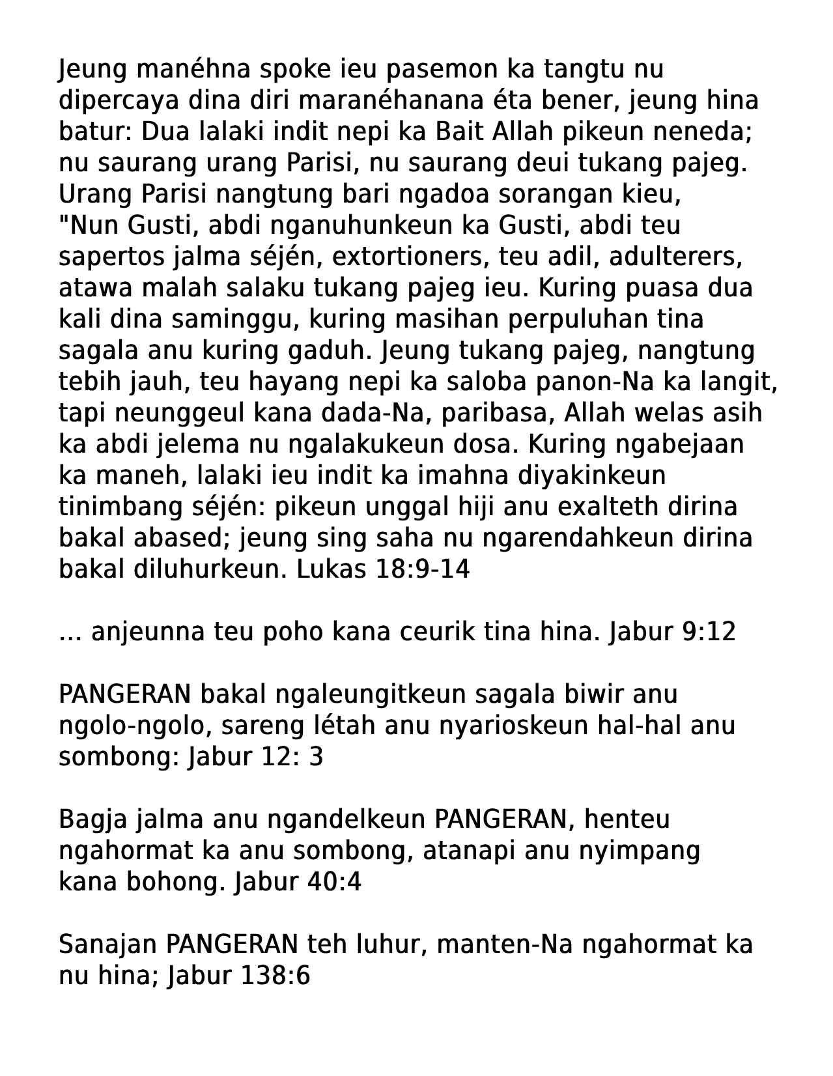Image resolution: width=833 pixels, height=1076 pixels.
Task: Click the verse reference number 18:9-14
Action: pos(423,569)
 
